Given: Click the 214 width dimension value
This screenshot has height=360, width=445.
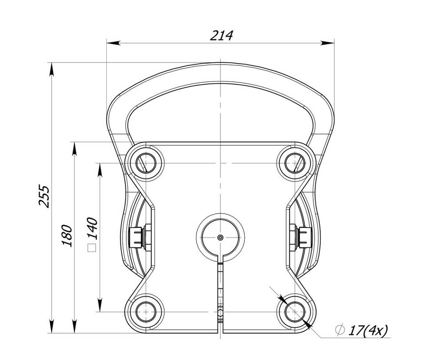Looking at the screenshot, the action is click(221, 36).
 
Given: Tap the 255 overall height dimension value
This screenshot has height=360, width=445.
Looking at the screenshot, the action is click(44, 196).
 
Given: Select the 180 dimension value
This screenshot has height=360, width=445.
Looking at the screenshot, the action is click(67, 235).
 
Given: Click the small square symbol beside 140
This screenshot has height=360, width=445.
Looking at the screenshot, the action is click(92, 248).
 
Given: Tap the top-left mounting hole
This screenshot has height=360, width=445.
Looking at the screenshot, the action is click(146, 163).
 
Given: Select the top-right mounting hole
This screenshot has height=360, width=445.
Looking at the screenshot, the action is click(295, 163).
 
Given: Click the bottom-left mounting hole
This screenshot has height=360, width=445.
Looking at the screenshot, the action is click(146, 312).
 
